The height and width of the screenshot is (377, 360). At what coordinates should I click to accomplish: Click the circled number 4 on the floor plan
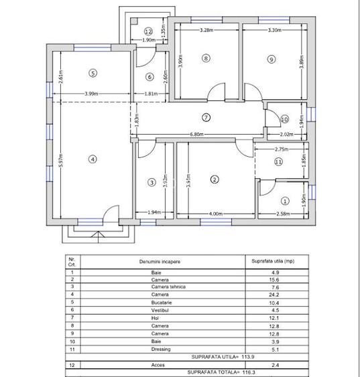click(93, 159)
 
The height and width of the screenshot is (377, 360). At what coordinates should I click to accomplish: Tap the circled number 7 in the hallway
click(206, 117)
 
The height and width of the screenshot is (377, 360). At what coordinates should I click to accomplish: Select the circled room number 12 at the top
click(148, 31)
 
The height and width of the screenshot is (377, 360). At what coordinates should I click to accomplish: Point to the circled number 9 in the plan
click(271, 60)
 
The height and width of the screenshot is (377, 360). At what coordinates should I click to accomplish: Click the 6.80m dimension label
click(196, 135)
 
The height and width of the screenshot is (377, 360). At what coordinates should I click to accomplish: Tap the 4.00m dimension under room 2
click(215, 214)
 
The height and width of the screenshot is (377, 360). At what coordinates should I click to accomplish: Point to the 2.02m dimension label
click(285, 135)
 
